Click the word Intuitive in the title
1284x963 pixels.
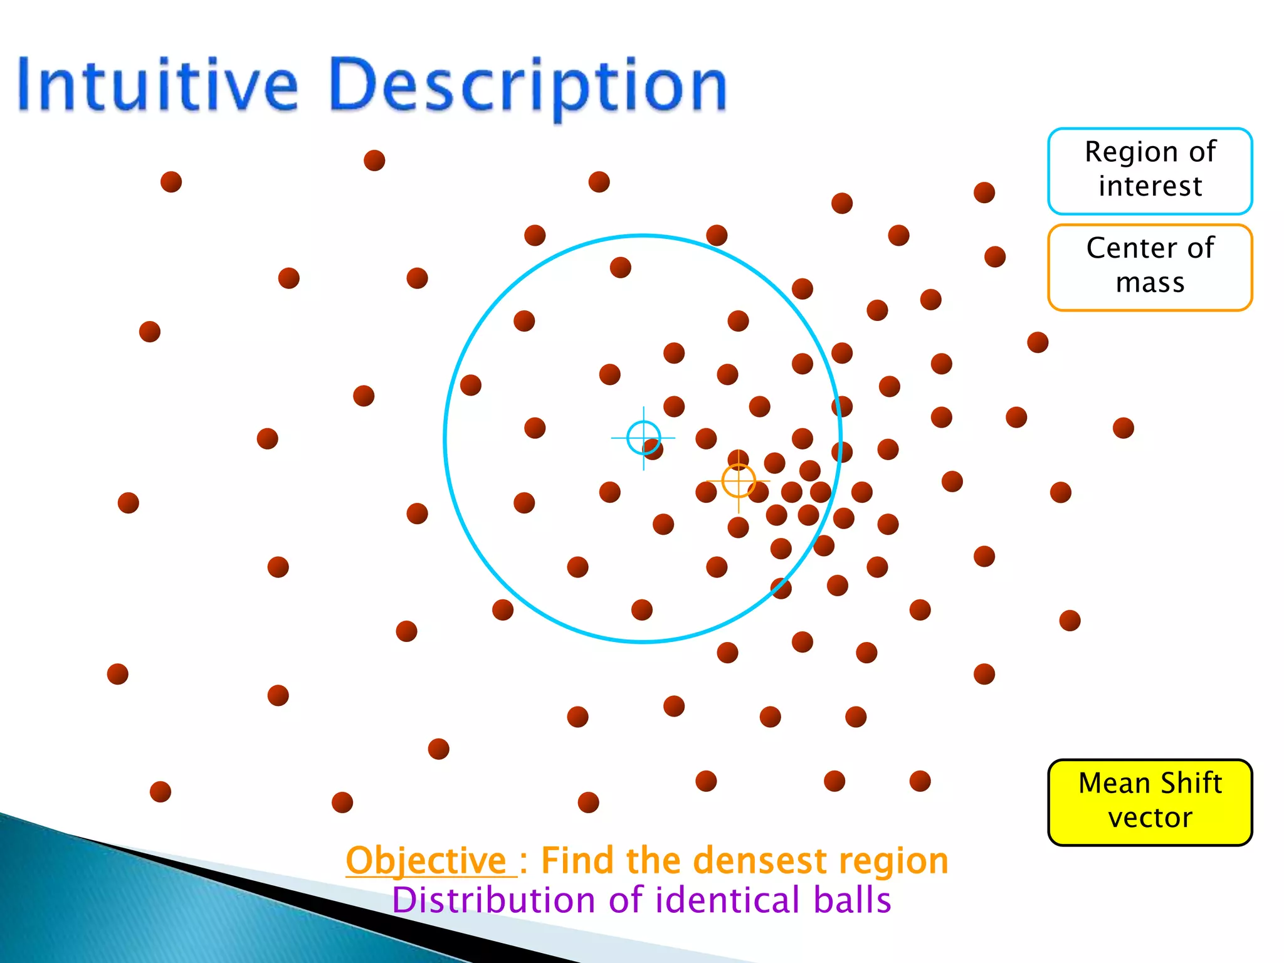157,85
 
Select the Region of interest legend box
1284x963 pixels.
1150,171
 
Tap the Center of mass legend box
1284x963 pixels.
1150,267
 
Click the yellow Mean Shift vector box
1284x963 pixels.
1150,802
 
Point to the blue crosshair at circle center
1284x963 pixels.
643,438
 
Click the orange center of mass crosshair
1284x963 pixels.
739,481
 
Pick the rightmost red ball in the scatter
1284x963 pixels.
1123,428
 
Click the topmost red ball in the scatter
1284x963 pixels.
374,160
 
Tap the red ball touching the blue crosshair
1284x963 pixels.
654,449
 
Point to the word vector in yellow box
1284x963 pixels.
1150,818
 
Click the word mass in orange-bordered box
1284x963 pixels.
1150,283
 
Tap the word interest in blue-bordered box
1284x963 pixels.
1150,186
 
